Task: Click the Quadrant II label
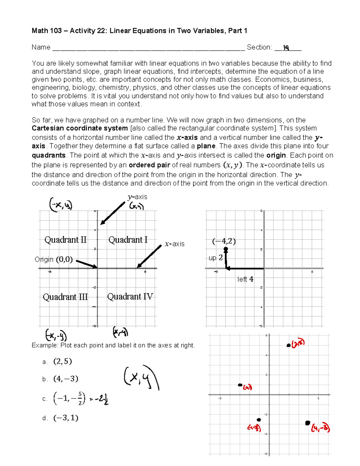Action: point(65,240)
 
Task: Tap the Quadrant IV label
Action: point(130,296)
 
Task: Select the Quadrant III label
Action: point(65,297)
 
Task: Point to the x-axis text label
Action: point(174,244)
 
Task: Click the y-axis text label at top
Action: point(137,197)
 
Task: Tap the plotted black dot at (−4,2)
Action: point(226,249)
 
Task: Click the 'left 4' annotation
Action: point(245,279)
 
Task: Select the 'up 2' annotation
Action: point(215,258)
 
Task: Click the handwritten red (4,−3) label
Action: point(320,428)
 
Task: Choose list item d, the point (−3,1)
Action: point(65,418)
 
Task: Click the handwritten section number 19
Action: point(286,47)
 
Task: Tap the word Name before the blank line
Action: point(41,47)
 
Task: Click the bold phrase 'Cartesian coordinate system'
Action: point(80,128)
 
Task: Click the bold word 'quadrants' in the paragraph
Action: point(49,155)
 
